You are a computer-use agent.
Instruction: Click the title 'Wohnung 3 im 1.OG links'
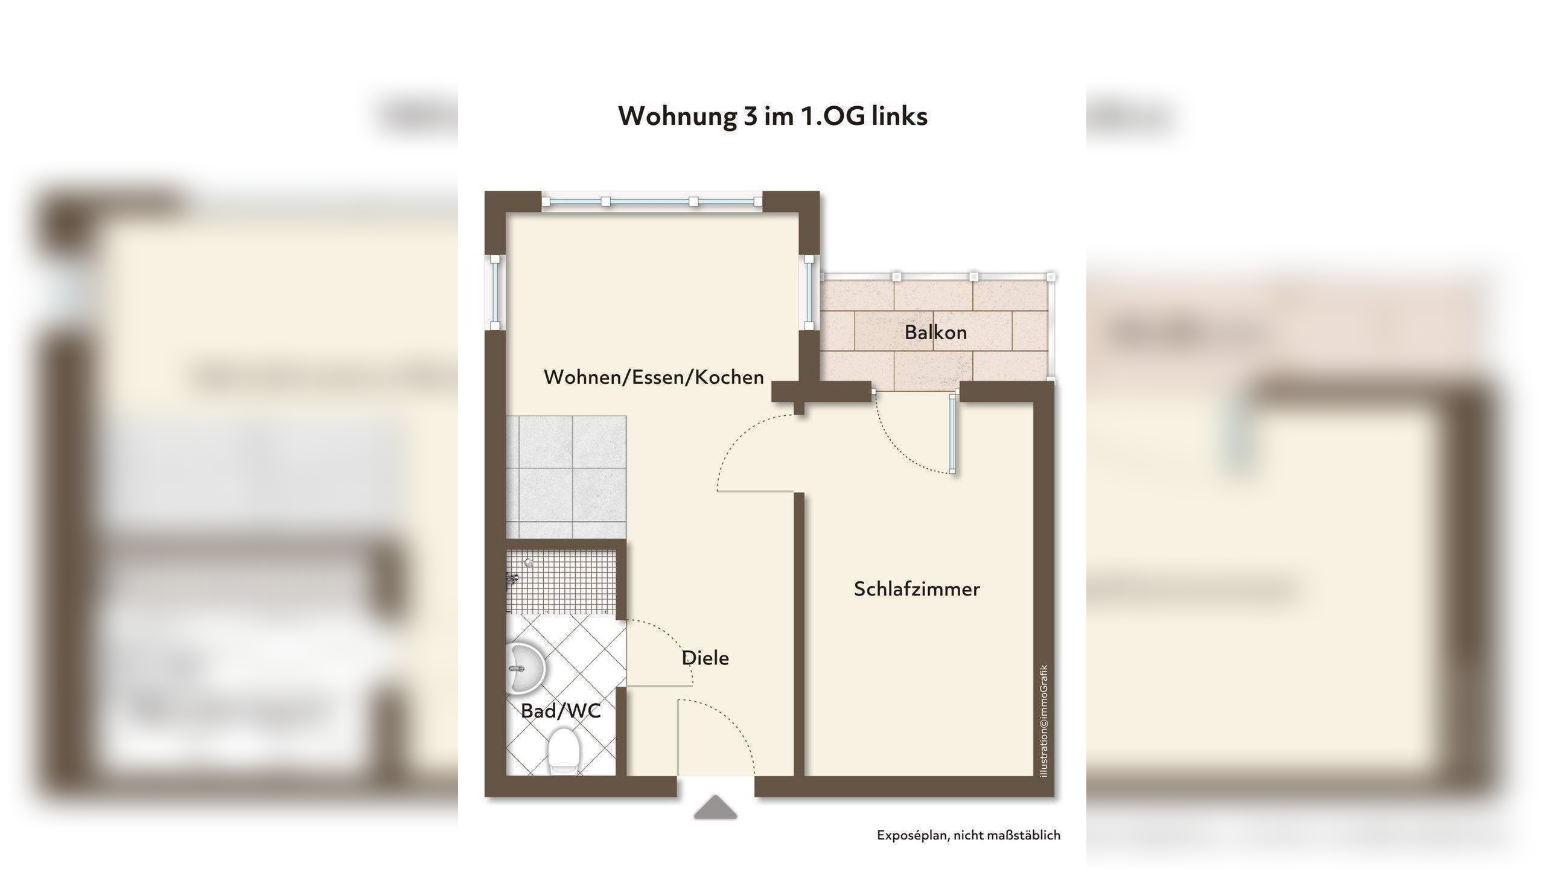[772, 116]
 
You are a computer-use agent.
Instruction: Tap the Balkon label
[935, 333]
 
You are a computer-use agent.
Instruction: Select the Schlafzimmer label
[917, 589]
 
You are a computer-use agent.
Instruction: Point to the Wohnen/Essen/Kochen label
[654, 377]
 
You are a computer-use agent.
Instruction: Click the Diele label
[705, 658]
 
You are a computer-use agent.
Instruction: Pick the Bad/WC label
[561, 711]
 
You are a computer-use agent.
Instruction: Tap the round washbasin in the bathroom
[525, 669]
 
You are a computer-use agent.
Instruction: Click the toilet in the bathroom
[564, 751]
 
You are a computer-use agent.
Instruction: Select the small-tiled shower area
[561, 581]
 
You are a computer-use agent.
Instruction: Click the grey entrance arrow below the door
[715, 807]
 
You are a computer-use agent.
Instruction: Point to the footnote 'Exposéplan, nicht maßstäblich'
[969, 835]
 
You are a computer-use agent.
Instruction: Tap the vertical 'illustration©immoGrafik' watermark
[1044, 721]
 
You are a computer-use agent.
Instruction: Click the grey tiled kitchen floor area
[566, 477]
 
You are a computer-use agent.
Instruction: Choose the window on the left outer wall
[495, 293]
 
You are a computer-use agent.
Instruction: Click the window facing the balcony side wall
[809, 293]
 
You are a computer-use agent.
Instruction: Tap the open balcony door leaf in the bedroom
[952, 433]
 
